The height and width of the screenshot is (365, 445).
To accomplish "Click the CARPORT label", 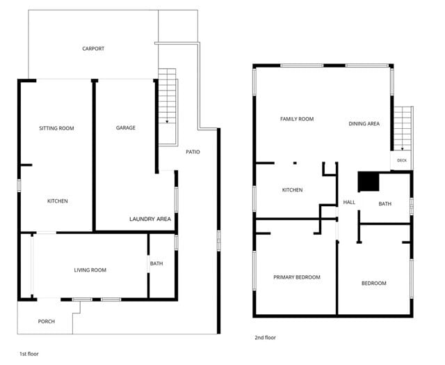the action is pos(93,49).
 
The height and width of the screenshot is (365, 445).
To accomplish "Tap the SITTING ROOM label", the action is pos(56,128).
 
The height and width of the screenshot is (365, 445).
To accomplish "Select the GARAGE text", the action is pos(125,127).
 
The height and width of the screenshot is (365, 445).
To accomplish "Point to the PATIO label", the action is pos(193,152).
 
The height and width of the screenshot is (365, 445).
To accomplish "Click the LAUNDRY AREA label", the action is pos(150,219).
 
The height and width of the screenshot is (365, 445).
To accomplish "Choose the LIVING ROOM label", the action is pos(90,270).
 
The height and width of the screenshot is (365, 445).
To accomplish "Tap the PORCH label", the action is pos(47,321).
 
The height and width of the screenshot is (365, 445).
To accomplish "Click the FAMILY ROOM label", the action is pos(297,119).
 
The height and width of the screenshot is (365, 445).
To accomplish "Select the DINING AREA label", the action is pos(364,124).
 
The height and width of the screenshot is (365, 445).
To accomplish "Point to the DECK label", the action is pos(402,160).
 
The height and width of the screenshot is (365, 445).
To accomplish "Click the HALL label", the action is pos(349,202).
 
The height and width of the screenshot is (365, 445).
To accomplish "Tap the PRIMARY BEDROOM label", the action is pos(297,277).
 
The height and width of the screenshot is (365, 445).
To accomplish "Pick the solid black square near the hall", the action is pos(369,181).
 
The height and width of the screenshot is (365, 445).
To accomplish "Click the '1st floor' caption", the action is pos(29,354).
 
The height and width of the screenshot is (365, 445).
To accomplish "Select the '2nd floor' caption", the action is pos(265,337).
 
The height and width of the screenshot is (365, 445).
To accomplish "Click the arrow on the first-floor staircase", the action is pos(167,122).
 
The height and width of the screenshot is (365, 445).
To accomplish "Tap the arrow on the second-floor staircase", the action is pos(402,148).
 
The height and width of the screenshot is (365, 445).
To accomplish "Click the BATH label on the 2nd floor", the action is pos(385,204).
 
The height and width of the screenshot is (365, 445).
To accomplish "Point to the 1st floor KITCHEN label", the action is pos(57,201).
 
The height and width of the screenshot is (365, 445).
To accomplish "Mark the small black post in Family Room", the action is pos(295,163).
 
